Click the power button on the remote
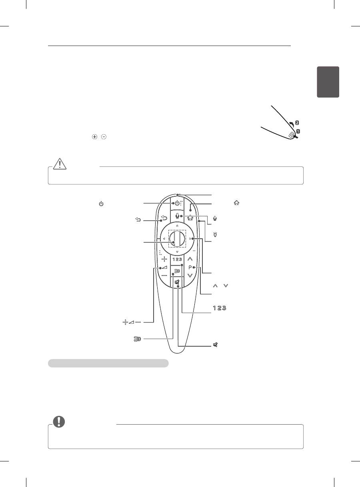[177, 204]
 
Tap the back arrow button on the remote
[164, 218]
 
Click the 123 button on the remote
[177, 259]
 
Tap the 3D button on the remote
[177, 271]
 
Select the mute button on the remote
[177, 282]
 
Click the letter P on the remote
[190, 267]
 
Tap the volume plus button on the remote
[164, 259]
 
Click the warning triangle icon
[60, 164]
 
